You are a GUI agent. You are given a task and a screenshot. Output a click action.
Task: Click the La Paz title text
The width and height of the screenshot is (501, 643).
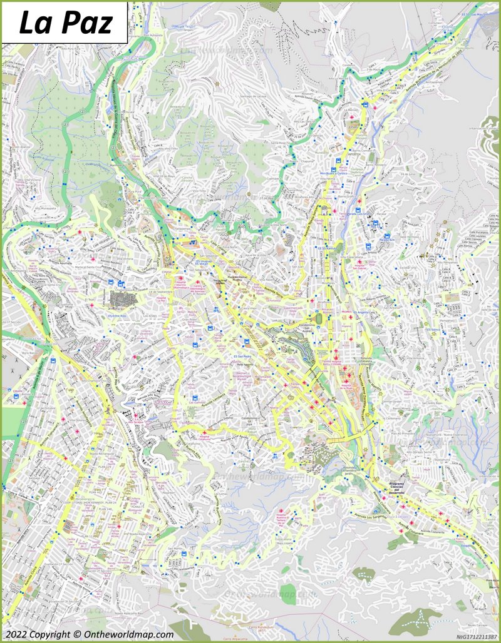point(65,23)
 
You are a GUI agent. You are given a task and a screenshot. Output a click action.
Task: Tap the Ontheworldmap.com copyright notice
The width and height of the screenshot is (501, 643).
point(88,634)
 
